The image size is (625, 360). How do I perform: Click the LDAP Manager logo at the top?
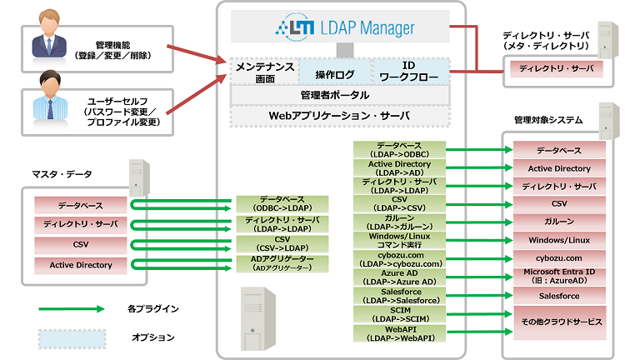pyautogui.click(x=343, y=29)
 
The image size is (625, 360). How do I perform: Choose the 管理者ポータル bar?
pyautogui.click(x=340, y=94)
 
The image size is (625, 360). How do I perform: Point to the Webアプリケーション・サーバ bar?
pyautogui.click(x=340, y=115)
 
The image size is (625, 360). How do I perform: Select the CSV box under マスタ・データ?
pyautogui.click(x=81, y=244)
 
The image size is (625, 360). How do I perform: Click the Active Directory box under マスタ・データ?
pyautogui.click(x=81, y=265)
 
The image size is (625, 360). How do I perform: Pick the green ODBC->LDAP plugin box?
pyautogui.click(x=282, y=204)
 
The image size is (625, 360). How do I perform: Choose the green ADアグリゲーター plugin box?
pyautogui.click(x=282, y=263)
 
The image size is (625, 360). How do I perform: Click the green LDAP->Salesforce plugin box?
pyautogui.click(x=399, y=295)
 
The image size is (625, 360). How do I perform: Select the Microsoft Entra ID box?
pyautogui.click(x=558, y=276)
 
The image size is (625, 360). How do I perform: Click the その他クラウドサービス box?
pyautogui.click(x=558, y=321)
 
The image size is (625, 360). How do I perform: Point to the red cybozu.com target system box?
pyautogui.click(x=558, y=258)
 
